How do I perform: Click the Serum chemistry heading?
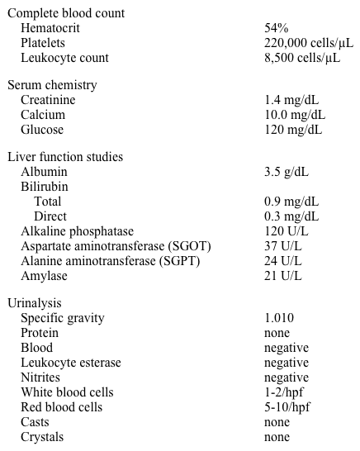52,85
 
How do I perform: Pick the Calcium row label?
42,115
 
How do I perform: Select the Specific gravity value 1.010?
279,318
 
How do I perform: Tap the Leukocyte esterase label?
71,363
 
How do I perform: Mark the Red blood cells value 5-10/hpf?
287,407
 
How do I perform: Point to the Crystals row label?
42,437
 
